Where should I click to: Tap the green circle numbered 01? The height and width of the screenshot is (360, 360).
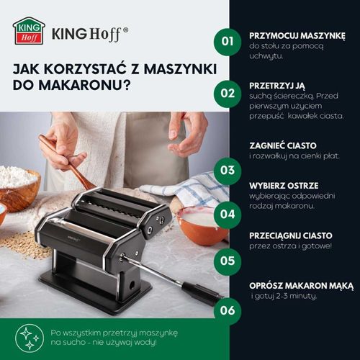tap(228, 41)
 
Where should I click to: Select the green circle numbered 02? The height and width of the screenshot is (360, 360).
tap(228, 92)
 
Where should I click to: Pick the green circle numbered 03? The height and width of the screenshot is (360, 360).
tap(228, 171)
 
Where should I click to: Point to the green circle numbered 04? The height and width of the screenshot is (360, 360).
tap(228, 214)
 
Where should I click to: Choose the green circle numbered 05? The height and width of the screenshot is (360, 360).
tap(228, 261)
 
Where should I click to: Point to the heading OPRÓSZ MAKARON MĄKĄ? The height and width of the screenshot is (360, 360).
tap(297, 284)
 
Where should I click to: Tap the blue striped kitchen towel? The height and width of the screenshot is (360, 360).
tap(186, 186)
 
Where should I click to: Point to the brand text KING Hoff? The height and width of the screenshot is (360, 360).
tap(91, 32)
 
